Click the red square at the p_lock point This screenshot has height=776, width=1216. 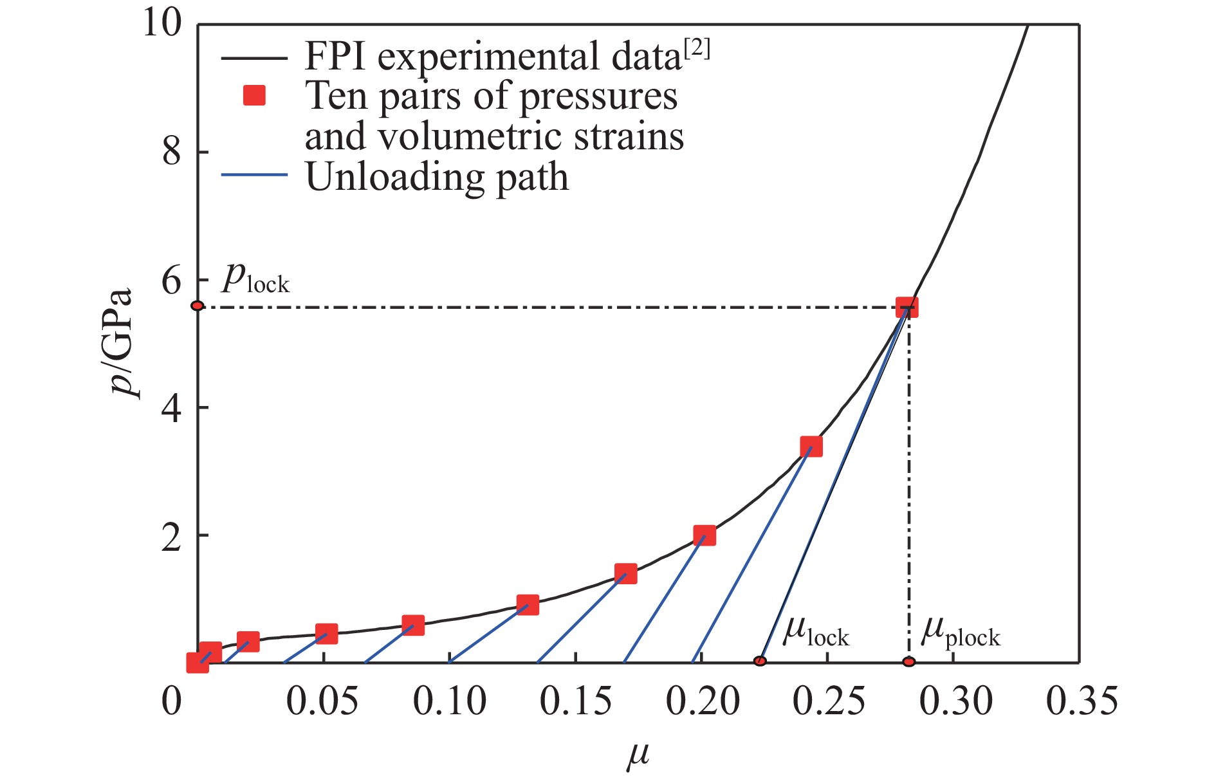(907, 308)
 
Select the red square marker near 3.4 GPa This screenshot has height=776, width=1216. (811, 447)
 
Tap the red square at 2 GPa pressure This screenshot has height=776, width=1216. (705, 535)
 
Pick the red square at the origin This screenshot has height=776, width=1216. (197, 663)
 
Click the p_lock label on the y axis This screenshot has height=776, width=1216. (255, 279)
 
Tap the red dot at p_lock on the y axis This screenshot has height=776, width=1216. (198, 306)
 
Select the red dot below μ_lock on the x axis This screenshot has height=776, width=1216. (760, 661)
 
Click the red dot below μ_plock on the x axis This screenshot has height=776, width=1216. (908, 661)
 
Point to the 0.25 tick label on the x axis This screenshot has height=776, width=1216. (828, 701)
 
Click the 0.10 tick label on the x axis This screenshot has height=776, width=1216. (449, 701)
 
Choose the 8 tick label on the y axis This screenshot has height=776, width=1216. (171, 152)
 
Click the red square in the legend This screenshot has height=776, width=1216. (254, 97)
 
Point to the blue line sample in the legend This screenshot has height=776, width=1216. (254, 175)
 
